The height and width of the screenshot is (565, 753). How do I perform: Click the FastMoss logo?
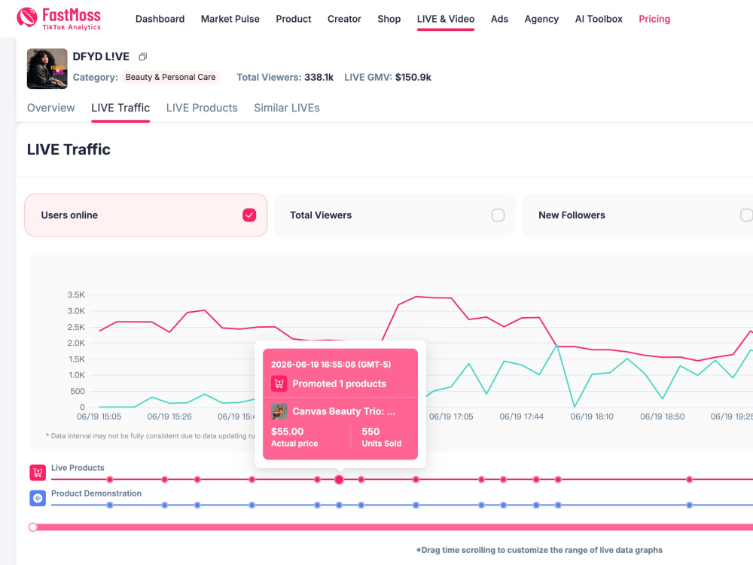tap(59, 19)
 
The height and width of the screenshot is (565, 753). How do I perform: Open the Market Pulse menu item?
tap(230, 19)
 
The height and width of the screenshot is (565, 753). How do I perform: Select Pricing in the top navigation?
tap(654, 19)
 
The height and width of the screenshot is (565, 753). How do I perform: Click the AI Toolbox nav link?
tap(599, 19)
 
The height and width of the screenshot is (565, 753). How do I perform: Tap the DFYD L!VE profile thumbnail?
tap(47, 69)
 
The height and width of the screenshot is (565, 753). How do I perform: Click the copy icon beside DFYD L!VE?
tap(142, 56)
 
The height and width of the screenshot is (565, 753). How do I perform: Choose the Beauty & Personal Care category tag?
tap(170, 77)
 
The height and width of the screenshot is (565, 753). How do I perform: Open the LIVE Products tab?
tap(202, 108)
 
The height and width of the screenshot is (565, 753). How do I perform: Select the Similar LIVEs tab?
tap(287, 108)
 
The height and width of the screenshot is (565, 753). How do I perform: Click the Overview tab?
tap(51, 108)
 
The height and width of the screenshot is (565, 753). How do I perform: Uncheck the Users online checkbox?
tap(249, 215)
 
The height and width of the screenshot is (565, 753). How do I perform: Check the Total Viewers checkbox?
tap(498, 215)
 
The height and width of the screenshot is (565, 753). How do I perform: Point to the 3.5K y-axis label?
tap(76, 295)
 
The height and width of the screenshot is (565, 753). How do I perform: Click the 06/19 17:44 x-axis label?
tap(522, 417)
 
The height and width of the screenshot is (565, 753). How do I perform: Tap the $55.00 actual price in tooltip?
tap(287, 432)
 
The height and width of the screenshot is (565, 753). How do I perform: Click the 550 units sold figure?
tap(370, 432)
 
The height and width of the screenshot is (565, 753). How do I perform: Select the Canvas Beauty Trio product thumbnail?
tap(279, 411)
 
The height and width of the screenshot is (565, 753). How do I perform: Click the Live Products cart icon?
tap(38, 472)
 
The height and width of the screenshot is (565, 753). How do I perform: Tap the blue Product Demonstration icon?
tap(38, 498)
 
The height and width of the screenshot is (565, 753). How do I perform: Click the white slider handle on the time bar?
tap(32, 527)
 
